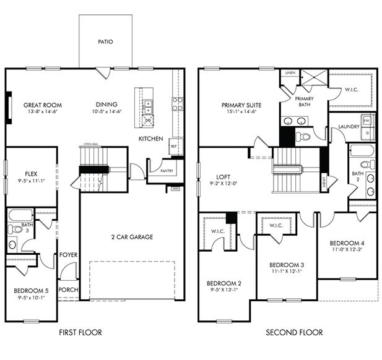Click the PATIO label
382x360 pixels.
click(105, 42)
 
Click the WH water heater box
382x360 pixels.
click(175, 188)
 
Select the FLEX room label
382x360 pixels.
click(32, 174)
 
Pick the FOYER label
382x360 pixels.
click(67, 254)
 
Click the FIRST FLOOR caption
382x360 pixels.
click(80, 333)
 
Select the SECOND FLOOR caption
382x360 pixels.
click(294, 333)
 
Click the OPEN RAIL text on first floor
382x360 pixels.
click(92, 145)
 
